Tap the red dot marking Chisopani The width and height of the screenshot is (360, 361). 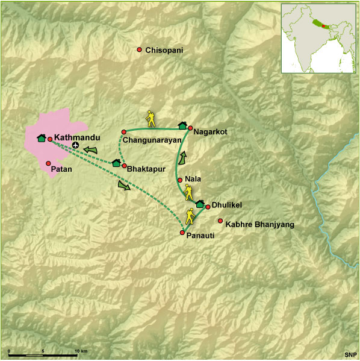pyautogui.click(x=140, y=49)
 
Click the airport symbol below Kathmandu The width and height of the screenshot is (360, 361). pyautogui.click(x=75, y=146)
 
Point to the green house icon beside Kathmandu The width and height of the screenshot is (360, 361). pyautogui.click(x=41, y=139)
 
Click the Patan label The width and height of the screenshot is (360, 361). pyautogui.click(x=61, y=169)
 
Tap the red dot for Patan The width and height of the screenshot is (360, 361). pyautogui.click(x=48, y=163)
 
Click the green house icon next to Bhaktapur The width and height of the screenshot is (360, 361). pyautogui.click(x=116, y=162)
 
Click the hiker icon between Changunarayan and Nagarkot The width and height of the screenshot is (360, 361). pyautogui.click(x=151, y=119)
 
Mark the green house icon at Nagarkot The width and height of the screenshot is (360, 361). pyautogui.click(x=182, y=126)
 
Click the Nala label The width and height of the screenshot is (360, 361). pyautogui.click(x=193, y=179)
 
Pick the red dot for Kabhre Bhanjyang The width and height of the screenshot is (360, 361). pyautogui.click(x=220, y=221)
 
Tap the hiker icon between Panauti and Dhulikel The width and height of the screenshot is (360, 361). pyautogui.click(x=190, y=215)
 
